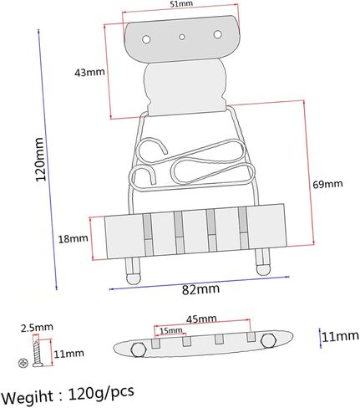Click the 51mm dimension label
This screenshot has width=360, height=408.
181,4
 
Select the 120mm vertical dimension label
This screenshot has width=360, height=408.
40,159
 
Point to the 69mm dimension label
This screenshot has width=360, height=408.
327,184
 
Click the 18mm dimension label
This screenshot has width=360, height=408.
73,239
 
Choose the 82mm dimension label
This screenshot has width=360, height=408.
200,289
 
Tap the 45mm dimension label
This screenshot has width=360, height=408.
201,319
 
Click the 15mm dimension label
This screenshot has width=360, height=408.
171,331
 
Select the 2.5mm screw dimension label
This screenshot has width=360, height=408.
37,327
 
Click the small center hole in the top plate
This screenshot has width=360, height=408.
182,37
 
